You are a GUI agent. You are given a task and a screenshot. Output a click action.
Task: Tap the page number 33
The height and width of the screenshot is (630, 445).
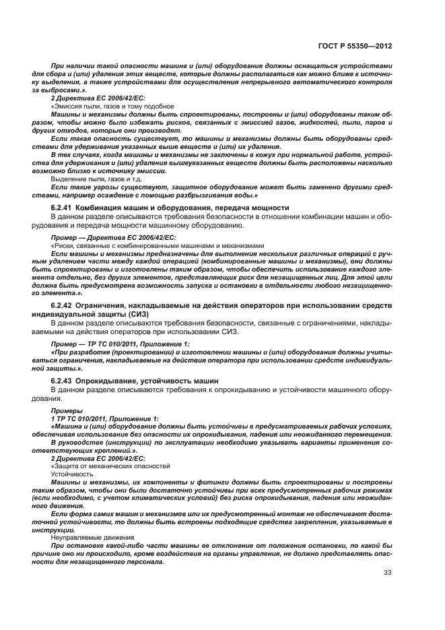point(387,573)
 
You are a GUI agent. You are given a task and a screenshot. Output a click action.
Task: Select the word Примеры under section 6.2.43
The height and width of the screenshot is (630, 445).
point(64,410)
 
